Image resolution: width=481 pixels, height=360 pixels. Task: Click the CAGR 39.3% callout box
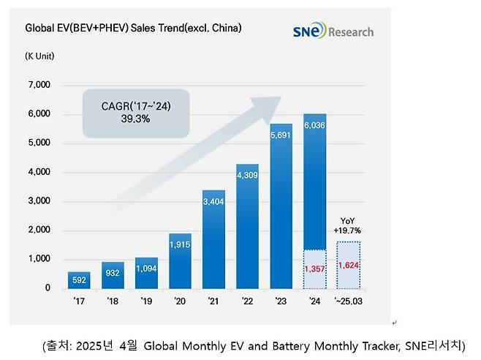click(136, 113)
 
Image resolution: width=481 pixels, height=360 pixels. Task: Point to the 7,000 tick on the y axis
click(38, 86)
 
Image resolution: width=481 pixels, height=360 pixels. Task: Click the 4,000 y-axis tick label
click(38, 173)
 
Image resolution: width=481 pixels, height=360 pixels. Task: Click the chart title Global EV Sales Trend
click(133, 29)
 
